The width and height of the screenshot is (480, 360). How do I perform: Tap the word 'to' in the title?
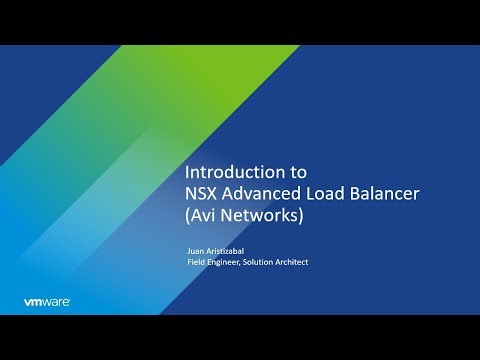284,170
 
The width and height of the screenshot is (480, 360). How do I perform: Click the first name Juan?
197,252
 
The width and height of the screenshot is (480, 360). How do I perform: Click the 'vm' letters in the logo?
32,300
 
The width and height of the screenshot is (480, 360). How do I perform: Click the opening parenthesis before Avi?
189,214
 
